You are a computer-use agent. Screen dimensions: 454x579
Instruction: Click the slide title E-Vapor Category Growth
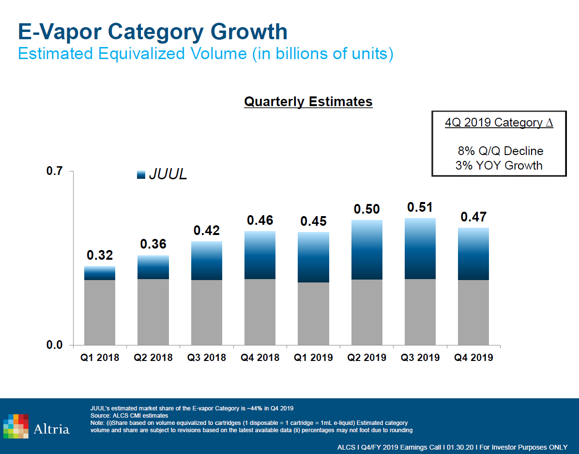(x=152, y=31)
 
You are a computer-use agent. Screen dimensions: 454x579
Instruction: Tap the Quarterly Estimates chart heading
(x=308, y=102)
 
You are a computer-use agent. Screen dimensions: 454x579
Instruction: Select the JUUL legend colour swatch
(x=142, y=175)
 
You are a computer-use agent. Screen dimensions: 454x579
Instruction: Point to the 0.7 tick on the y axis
(x=55, y=171)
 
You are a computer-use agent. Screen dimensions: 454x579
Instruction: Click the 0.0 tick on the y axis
(x=55, y=345)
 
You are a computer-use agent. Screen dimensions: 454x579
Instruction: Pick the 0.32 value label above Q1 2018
(x=100, y=255)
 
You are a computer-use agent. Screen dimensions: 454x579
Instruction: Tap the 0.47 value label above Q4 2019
(x=473, y=217)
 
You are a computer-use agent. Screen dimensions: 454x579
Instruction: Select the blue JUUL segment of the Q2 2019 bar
(x=367, y=250)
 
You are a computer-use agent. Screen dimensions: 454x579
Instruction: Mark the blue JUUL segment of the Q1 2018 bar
(x=100, y=273)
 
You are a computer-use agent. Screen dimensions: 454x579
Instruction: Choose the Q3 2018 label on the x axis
(x=207, y=358)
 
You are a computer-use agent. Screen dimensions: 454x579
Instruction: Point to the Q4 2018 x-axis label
(x=260, y=358)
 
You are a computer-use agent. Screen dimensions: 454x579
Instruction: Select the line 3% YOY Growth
(x=499, y=165)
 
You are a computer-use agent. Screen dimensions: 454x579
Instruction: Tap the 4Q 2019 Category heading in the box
(x=499, y=123)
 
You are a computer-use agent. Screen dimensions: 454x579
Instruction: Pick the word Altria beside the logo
(x=52, y=429)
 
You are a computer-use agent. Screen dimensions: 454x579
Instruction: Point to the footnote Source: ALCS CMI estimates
(x=129, y=416)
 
